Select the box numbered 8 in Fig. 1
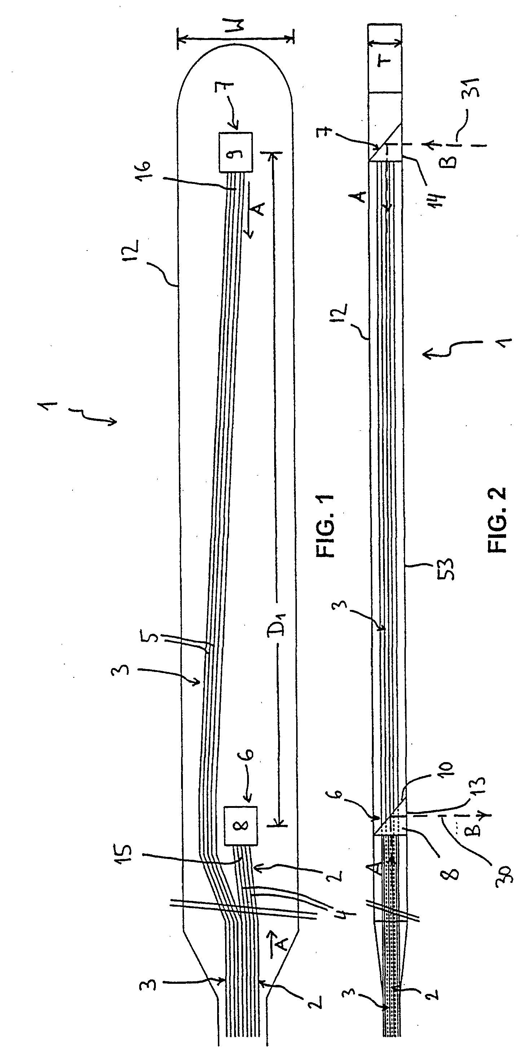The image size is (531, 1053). pos(241,825)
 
